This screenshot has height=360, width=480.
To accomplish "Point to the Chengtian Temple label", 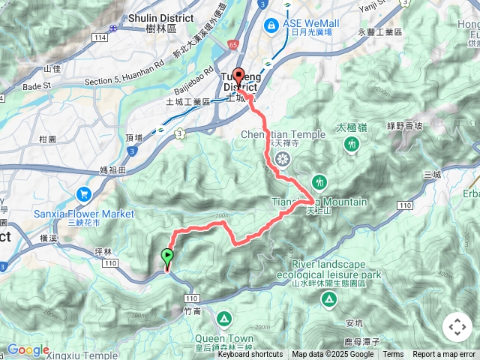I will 283,135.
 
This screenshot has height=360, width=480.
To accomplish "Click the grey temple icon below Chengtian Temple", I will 283,158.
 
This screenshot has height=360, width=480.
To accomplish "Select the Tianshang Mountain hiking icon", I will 319,182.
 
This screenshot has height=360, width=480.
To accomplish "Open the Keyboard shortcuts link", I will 250,355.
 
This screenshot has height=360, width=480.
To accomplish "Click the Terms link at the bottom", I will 393,355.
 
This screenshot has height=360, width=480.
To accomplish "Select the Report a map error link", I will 444,355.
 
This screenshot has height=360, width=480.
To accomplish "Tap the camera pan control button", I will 457,327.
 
